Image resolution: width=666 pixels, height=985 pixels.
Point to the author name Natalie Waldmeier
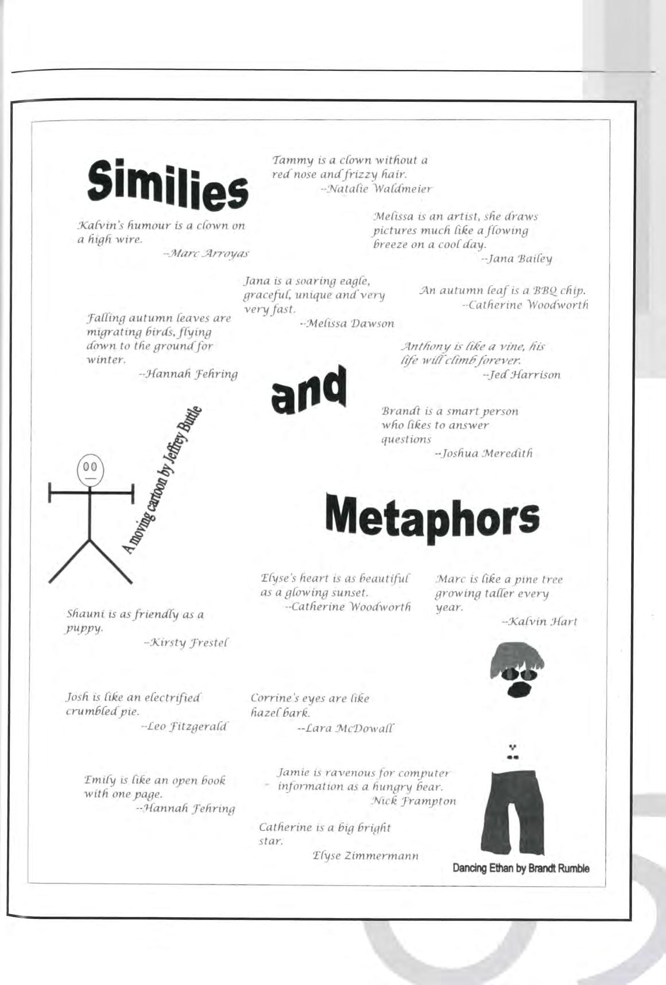point(375,188)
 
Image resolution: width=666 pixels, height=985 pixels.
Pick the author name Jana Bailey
point(517,259)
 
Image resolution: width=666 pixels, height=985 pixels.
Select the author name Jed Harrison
point(522,375)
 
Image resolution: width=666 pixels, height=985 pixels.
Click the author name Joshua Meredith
point(484,453)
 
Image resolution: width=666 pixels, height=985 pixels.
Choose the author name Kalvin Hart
point(539,621)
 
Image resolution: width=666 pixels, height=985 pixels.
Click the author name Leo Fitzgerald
point(185,727)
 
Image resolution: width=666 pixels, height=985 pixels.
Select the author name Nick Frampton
point(413,801)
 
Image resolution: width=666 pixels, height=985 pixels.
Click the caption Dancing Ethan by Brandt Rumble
point(521,868)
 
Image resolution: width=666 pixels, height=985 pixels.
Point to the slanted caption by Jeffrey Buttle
point(163,480)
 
